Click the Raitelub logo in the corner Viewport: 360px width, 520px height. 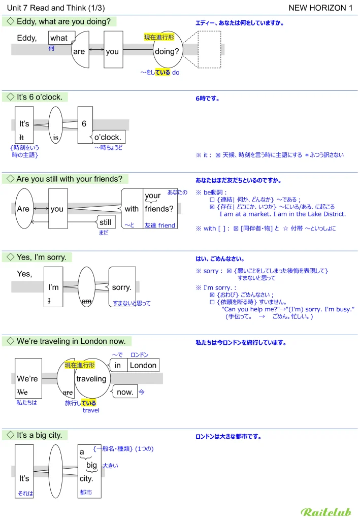[326, 512]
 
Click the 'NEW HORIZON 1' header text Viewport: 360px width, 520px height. [320, 8]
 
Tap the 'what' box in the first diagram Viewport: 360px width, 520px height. [60, 38]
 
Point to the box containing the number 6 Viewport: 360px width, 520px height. [85, 124]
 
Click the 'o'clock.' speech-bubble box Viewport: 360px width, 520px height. [108, 137]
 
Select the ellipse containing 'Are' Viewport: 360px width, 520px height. [24, 209]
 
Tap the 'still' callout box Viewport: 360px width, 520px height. [106, 222]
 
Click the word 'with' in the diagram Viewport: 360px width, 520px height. [132, 209]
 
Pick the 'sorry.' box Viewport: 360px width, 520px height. [122, 287]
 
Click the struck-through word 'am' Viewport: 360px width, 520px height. [86, 301]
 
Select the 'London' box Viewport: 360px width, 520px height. [143, 365]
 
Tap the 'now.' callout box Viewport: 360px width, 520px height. [124, 392]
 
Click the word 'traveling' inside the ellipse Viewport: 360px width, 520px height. [91, 379]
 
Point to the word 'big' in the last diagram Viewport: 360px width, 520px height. [91, 465]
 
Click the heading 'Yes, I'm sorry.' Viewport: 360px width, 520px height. [41, 257]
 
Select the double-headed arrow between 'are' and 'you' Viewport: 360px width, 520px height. [96, 49]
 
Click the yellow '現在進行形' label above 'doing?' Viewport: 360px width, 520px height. [158, 37]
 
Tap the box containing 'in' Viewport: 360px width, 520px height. [118, 365]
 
